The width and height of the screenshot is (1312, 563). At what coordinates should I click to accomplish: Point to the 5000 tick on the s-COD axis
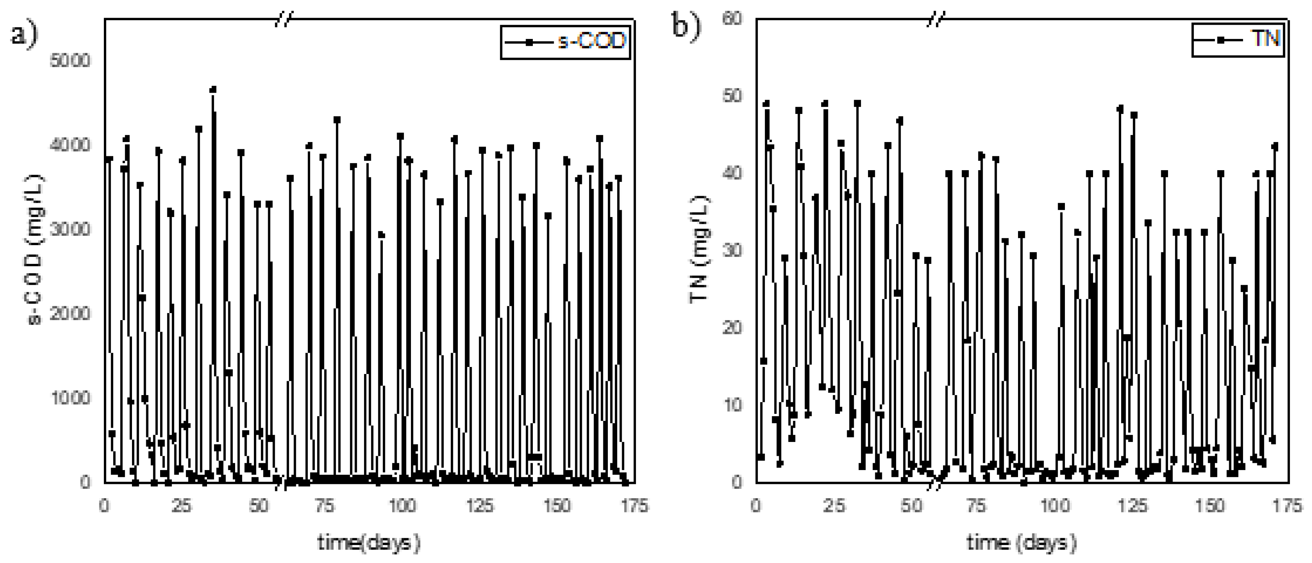point(70,61)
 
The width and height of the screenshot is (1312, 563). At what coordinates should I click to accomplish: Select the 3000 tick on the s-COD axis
point(70,229)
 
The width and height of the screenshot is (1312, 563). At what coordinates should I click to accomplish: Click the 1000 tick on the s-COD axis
point(70,398)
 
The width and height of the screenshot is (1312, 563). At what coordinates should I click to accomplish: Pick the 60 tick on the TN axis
point(732,19)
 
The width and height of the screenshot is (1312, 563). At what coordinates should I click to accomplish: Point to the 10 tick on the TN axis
point(732,405)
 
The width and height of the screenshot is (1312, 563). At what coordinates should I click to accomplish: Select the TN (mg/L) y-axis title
point(699,249)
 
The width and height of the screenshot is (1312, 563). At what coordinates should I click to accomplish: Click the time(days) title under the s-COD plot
point(369,543)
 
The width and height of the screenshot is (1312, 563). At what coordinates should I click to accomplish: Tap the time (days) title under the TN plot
point(1021,543)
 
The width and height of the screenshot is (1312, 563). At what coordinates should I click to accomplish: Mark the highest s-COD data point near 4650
point(213,90)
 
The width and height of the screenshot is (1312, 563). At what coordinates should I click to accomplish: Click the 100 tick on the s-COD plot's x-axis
point(402,506)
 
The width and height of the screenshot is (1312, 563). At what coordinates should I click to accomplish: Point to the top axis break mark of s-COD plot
point(284,19)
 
